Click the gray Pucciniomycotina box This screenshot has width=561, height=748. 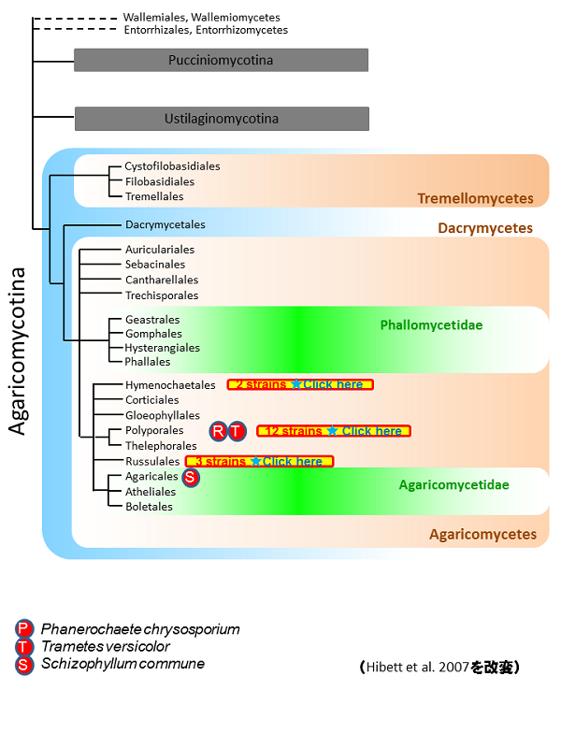pyautogui.click(x=221, y=60)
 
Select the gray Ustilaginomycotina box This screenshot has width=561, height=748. pyautogui.click(x=222, y=119)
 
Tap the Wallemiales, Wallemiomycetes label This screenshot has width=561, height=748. pyautogui.click(x=201, y=17)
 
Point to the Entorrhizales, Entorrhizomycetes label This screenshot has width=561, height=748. pyautogui.click(x=205, y=30)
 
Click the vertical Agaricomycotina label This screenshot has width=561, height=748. pyautogui.click(x=18, y=350)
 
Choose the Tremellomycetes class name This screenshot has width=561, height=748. pyautogui.click(x=475, y=198)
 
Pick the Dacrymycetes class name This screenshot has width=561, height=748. pyautogui.click(x=485, y=228)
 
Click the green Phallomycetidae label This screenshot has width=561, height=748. pyautogui.click(x=425, y=325)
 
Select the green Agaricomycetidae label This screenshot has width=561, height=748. pyautogui.click(x=453, y=484)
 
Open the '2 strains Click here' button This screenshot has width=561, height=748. pyautogui.click(x=300, y=384)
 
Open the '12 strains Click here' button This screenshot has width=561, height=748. pyautogui.click(x=334, y=431)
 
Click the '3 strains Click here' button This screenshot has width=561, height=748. pyautogui.click(x=259, y=461)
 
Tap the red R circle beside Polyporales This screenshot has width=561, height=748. pyautogui.click(x=219, y=431)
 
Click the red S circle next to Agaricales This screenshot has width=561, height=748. pyautogui.click(x=190, y=477)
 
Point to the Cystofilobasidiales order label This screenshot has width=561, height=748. pyautogui.click(x=172, y=166)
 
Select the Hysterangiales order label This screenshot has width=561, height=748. pyautogui.click(x=163, y=347)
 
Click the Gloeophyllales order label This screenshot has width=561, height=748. pyautogui.click(x=163, y=415)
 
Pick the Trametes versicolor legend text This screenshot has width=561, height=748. pyautogui.click(x=106, y=646)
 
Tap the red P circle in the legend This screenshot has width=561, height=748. pyautogui.click(x=23, y=629)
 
